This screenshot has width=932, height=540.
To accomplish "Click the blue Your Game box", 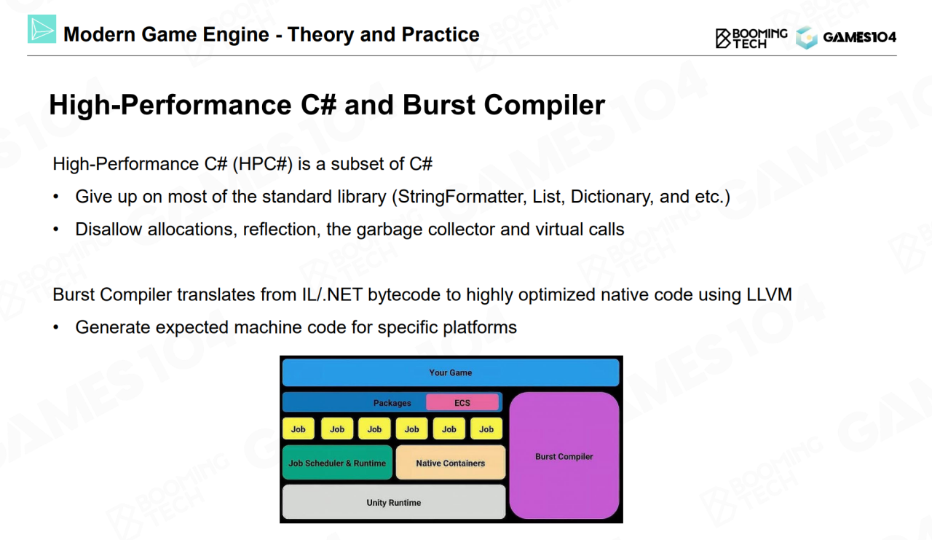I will click(450, 372).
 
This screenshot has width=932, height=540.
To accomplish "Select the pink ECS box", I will click(462, 402).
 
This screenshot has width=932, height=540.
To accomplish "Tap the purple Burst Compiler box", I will click(564, 456).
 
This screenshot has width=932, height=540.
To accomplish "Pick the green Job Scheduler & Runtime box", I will click(337, 463).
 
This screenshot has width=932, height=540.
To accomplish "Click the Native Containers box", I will click(450, 463).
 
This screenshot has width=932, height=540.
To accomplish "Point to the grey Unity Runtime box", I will click(393, 502).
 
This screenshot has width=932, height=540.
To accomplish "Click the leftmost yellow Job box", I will click(299, 429).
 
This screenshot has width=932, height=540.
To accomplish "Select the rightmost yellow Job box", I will click(486, 429).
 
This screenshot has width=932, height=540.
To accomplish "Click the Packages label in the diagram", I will click(392, 403).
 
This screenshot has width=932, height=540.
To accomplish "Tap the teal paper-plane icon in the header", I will click(42, 28).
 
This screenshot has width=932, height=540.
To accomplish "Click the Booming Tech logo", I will click(751, 38).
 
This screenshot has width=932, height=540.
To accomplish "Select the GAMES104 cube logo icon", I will click(807, 38).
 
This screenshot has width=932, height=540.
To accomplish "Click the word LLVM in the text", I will click(768, 295).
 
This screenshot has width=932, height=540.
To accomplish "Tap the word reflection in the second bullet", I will click(279, 230).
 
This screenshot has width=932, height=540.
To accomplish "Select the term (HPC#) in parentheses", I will click(263, 164).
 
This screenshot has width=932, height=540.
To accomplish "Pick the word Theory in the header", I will click(318, 34).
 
